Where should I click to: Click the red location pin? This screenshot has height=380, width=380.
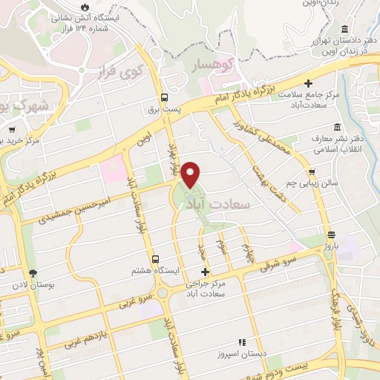(191, 174)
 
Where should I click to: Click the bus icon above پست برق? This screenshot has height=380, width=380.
(164, 96)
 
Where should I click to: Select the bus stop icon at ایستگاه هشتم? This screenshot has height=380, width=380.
(155, 259)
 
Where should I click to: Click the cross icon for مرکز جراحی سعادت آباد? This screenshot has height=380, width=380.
(205, 272)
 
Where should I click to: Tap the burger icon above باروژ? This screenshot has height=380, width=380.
(330, 235)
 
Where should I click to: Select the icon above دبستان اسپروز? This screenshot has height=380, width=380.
(241, 342)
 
